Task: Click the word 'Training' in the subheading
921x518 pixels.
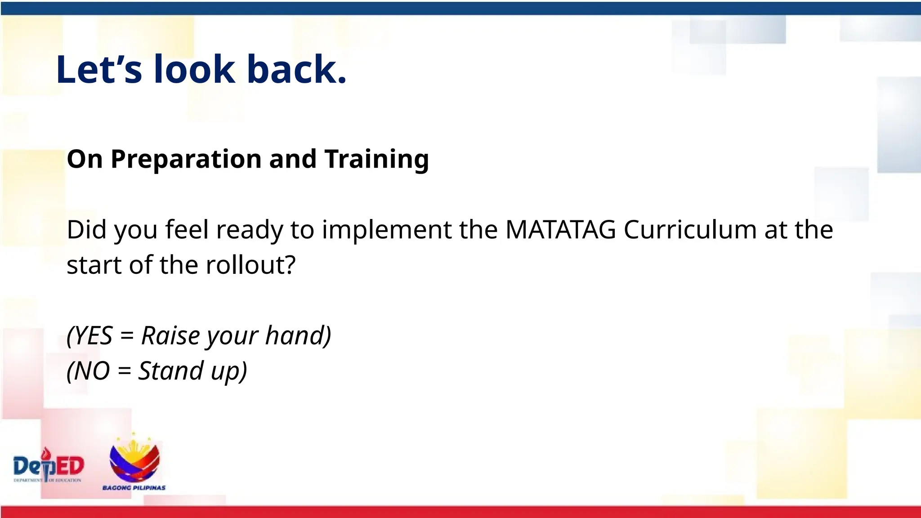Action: [x=376, y=159]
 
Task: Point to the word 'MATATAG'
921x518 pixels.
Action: [x=560, y=229]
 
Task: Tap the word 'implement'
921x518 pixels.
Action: [x=387, y=230]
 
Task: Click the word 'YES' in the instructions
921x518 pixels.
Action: [x=92, y=335]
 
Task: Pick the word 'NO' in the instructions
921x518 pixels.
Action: [x=90, y=371]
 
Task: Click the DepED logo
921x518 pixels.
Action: [x=48, y=466]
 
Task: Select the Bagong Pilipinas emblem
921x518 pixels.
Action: [x=134, y=459]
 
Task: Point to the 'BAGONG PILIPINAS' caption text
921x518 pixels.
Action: [x=134, y=488]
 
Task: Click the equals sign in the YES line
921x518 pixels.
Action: [x=127, y=336]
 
